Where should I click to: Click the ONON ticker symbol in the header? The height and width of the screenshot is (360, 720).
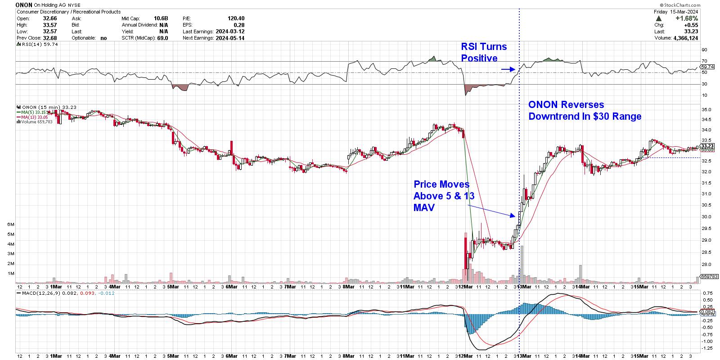tap(24, 4)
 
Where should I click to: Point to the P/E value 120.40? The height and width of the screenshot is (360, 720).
tap(236, 18)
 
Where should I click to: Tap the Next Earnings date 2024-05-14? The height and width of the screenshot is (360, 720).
tap(229, 38)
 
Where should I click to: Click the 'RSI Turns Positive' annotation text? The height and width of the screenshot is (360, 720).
tap(483, 53)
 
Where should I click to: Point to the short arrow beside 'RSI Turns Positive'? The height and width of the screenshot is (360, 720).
tap(508, 69)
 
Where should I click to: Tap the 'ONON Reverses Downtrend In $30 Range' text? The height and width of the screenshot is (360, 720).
tap(584, 111)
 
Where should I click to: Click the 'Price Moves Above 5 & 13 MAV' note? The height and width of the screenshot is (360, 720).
tap(441, 196)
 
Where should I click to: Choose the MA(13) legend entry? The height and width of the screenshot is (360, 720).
tap(33, 117)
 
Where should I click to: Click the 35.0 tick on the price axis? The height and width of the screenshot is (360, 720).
tap(706, 110)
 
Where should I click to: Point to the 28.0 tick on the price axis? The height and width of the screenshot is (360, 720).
tap(706, 265)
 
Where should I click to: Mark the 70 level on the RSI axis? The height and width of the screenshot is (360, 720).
tap(704, 61)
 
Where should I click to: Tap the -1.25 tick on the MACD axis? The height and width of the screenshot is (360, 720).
tap(706, 348)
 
